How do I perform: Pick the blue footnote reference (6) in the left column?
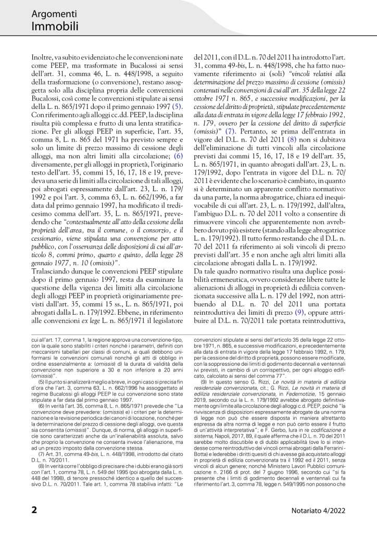point(178,155)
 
